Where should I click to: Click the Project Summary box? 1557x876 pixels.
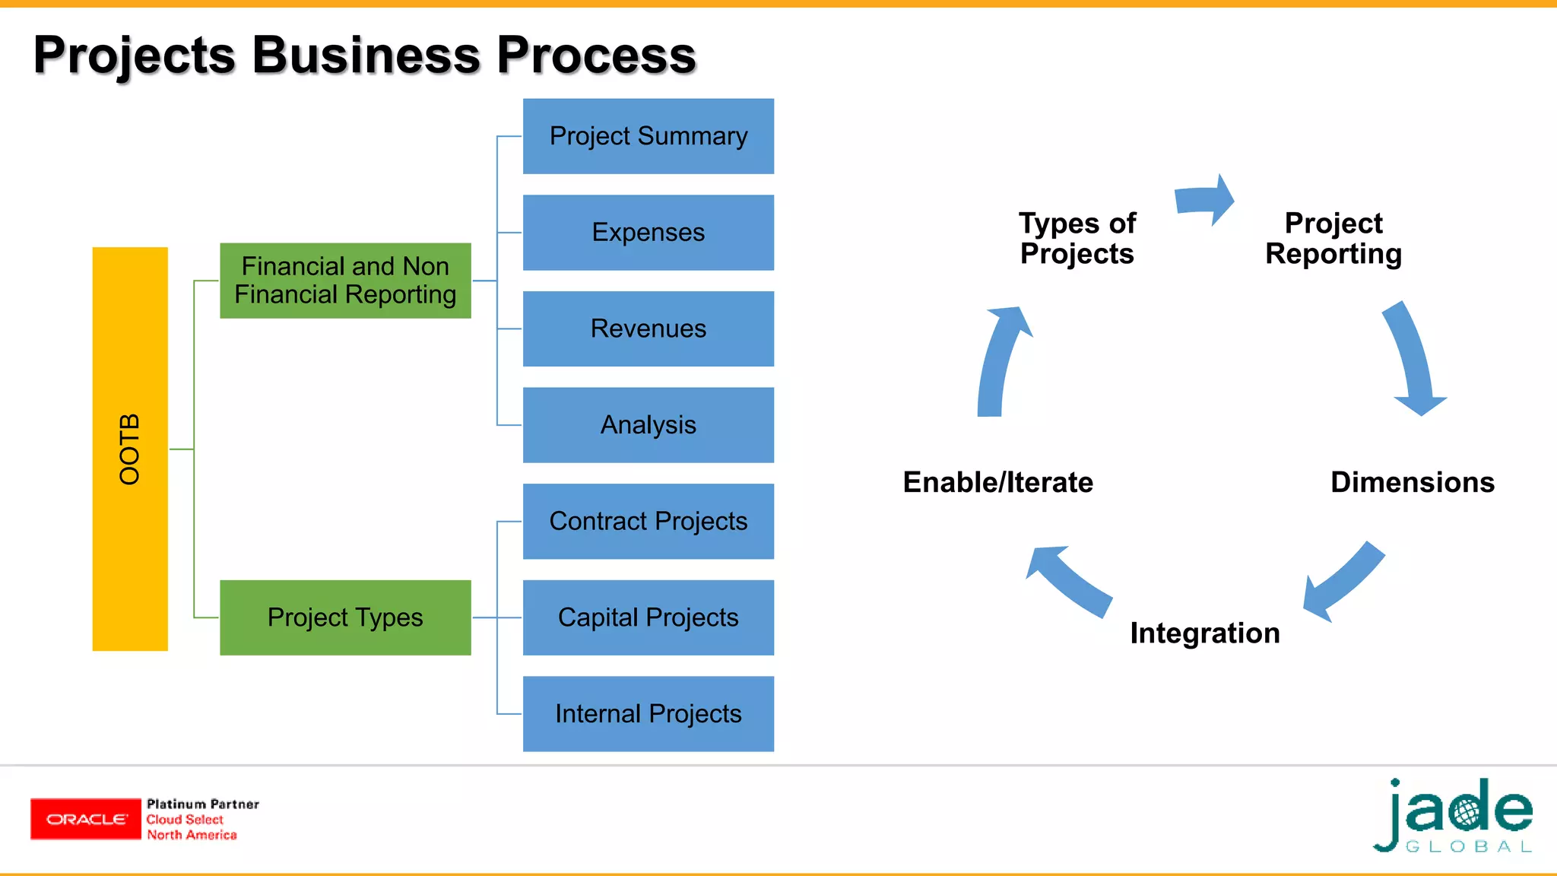pyautogui.click(x=648, y=136)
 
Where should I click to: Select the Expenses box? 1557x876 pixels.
pyautogui.click(x=648, y=233)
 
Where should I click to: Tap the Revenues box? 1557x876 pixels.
pyautogui.click(x=648, y=328)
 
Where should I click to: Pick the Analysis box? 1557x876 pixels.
pyautogui.click(x=648, y=425)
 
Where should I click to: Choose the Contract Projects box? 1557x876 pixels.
pyautogui.click(x=648, y=522)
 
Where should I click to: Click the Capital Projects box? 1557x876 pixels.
pyautogui.click(x=648, y=617)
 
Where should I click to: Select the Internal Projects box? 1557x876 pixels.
pyautogui.click(x=648, y=714)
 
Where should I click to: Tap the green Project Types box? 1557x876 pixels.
pyautogui.click(x=345, y=617)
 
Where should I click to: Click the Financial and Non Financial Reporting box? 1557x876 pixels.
pyautogui.click(x=345, y=281)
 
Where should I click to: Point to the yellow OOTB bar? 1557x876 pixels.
pyautogui.click(x=130, y=449)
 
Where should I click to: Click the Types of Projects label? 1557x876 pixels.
pyautogui.click(x=1077, y=238)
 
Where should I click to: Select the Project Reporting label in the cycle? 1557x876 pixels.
pyautogui.click(x=1333, y=238)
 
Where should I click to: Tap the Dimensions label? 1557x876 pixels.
pyautogui.click(x=1412, y=482)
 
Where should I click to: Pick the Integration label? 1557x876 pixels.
pyautogui.click(x=1205, y=633)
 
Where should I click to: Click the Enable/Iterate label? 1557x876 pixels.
pyautogui.click(x=997, y=482)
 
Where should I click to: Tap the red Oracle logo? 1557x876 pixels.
pyautogui.click(x=86, y=819)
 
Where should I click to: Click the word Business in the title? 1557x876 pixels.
pyautogui.click(x=366, y=56)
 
